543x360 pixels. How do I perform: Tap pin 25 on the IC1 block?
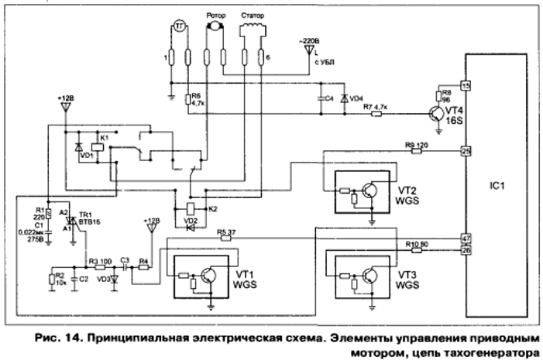tap(466, 150)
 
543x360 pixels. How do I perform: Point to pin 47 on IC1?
tap(466, 238)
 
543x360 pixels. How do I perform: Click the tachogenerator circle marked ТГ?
tap(179, 26)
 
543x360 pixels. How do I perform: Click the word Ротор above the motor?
tap(215, 15)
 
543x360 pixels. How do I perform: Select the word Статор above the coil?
tap(253, 15)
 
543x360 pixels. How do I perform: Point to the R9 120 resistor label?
tap(417, 144)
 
